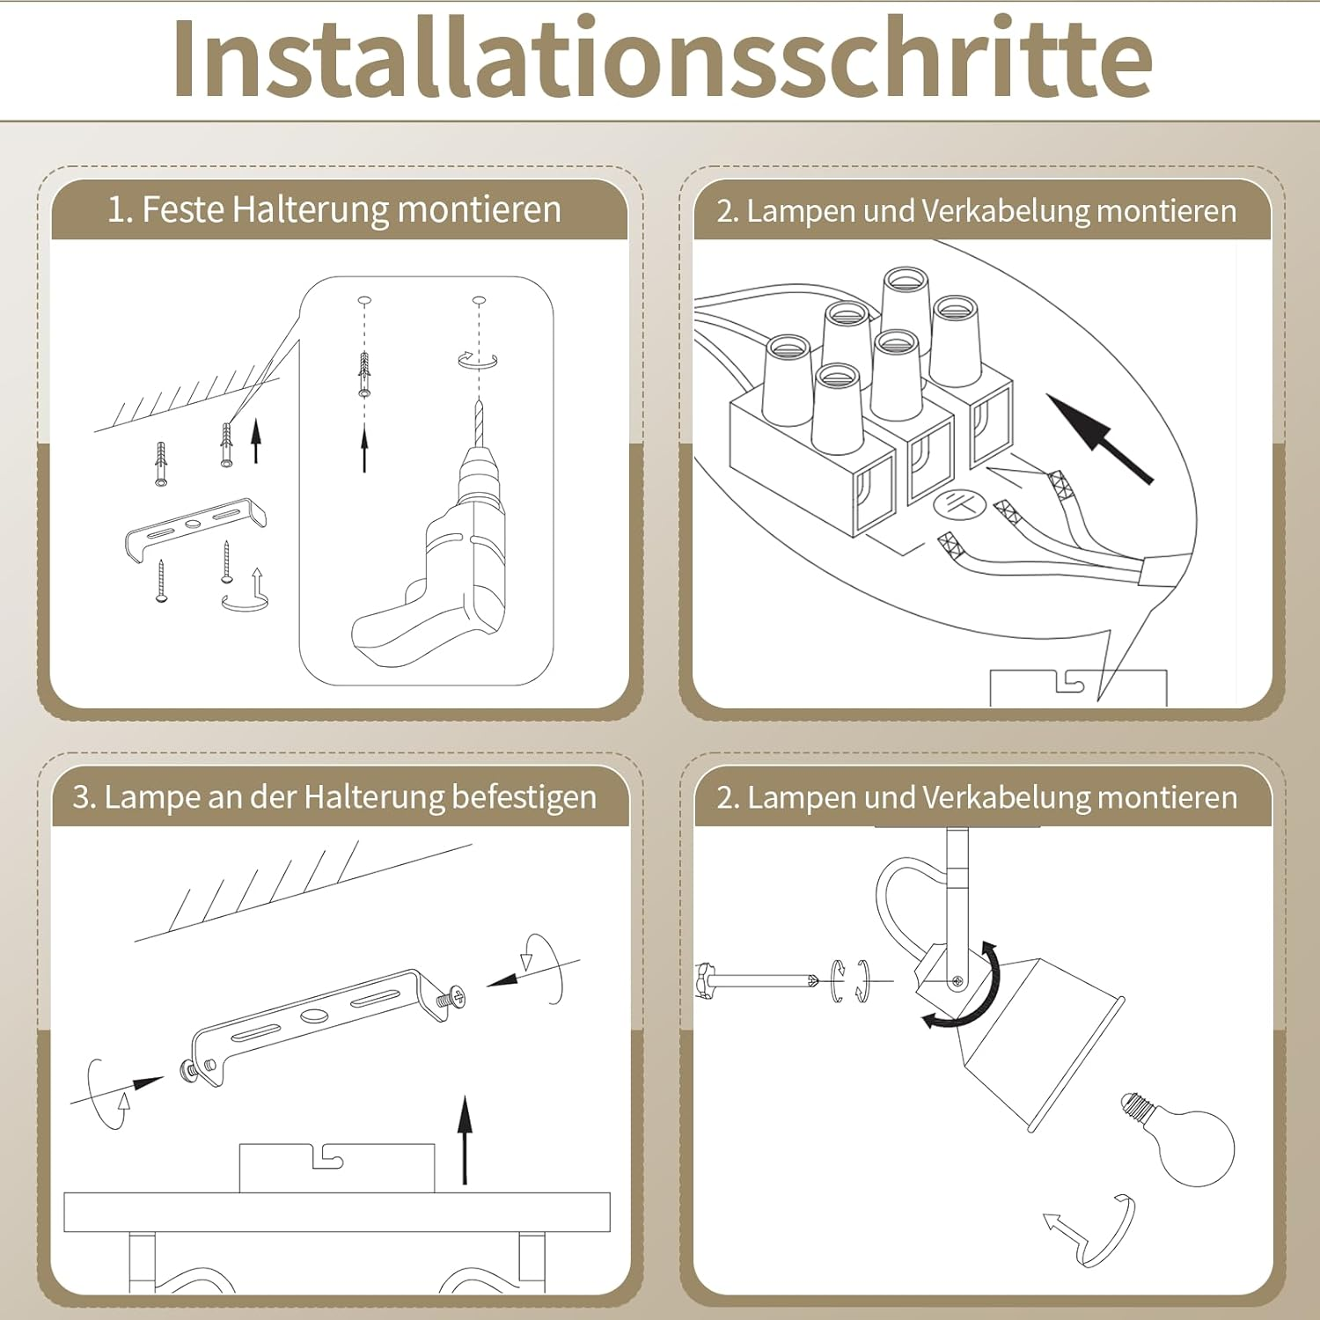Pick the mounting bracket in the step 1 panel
click(x=194, y=527)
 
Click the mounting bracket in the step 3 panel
click(x=317, y=1021)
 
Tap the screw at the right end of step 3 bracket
click(x=454, y=997)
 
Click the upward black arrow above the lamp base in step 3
click(x=465, y=1140)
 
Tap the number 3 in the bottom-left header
click(x=82, y=797)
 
